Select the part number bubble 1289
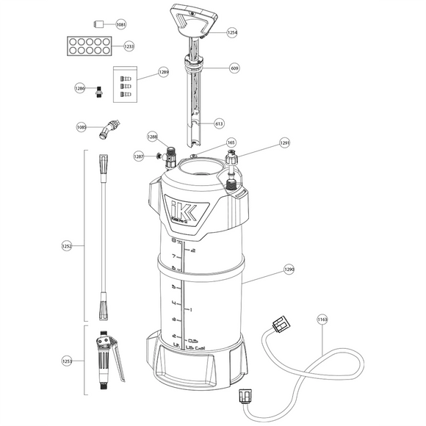163,72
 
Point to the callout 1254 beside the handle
232,32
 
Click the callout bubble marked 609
234,68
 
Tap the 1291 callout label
285,143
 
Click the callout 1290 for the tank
289,270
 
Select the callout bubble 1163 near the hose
322,319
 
